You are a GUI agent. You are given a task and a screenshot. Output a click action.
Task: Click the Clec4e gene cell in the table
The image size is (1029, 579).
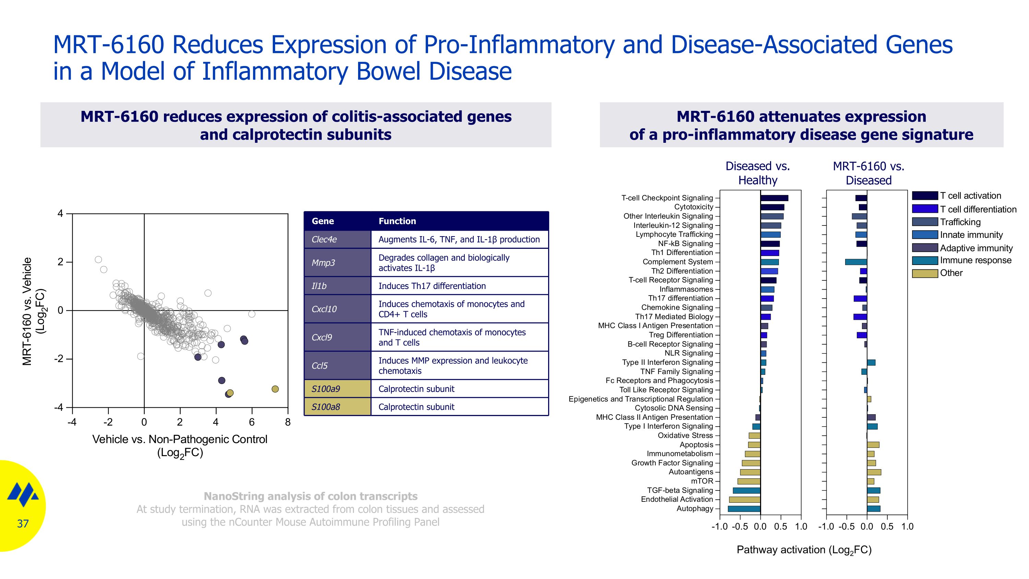point(338,239)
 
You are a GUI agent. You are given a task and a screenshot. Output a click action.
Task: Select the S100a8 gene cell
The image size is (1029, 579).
point(338,407)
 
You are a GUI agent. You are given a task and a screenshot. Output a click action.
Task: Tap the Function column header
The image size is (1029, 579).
point(397,221)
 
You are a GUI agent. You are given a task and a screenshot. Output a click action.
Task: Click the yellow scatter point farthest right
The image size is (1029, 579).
point(275,389)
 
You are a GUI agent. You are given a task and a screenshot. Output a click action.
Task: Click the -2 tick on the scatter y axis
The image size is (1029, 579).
point(59,359)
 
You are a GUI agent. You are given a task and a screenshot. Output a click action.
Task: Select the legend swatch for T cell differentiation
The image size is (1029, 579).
point(924,209)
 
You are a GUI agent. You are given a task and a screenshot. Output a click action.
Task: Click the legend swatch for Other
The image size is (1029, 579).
point(924,273)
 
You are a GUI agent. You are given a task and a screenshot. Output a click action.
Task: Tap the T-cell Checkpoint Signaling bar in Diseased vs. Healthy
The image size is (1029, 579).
point(774,198)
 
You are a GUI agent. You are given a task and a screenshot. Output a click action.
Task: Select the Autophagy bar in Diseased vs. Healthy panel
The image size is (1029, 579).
point(744,509)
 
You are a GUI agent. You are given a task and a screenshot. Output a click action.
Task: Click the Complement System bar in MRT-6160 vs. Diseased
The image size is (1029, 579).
point(856,262)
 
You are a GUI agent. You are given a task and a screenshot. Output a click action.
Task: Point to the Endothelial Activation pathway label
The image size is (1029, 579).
point(677,499)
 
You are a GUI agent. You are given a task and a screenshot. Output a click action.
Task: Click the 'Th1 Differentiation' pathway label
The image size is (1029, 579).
point(682,253)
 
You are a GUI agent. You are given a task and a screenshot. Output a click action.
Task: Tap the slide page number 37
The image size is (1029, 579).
point(23,523)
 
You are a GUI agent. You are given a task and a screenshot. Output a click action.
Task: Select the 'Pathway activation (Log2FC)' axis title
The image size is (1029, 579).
point(804,550)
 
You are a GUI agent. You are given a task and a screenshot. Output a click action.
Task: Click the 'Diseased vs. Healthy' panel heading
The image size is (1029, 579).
point(757,173)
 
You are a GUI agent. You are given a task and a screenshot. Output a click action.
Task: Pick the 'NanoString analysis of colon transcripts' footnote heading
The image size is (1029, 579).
point(310,496)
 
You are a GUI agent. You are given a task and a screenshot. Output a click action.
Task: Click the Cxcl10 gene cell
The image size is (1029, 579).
point(338,309)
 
